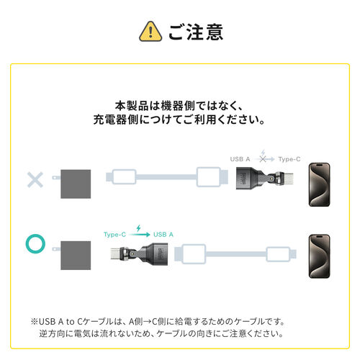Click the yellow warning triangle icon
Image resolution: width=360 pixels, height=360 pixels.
(x=148, y=31)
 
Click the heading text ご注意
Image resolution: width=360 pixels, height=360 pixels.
(x=196, y=32)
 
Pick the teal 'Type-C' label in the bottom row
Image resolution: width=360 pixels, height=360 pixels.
(x=115, y=234)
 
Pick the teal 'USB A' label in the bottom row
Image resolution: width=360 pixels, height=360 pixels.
(x=163, y=234)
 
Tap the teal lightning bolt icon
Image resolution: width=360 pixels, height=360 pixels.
(x=139, y=225)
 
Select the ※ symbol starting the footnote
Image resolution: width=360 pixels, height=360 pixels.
(x=34, y=321)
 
